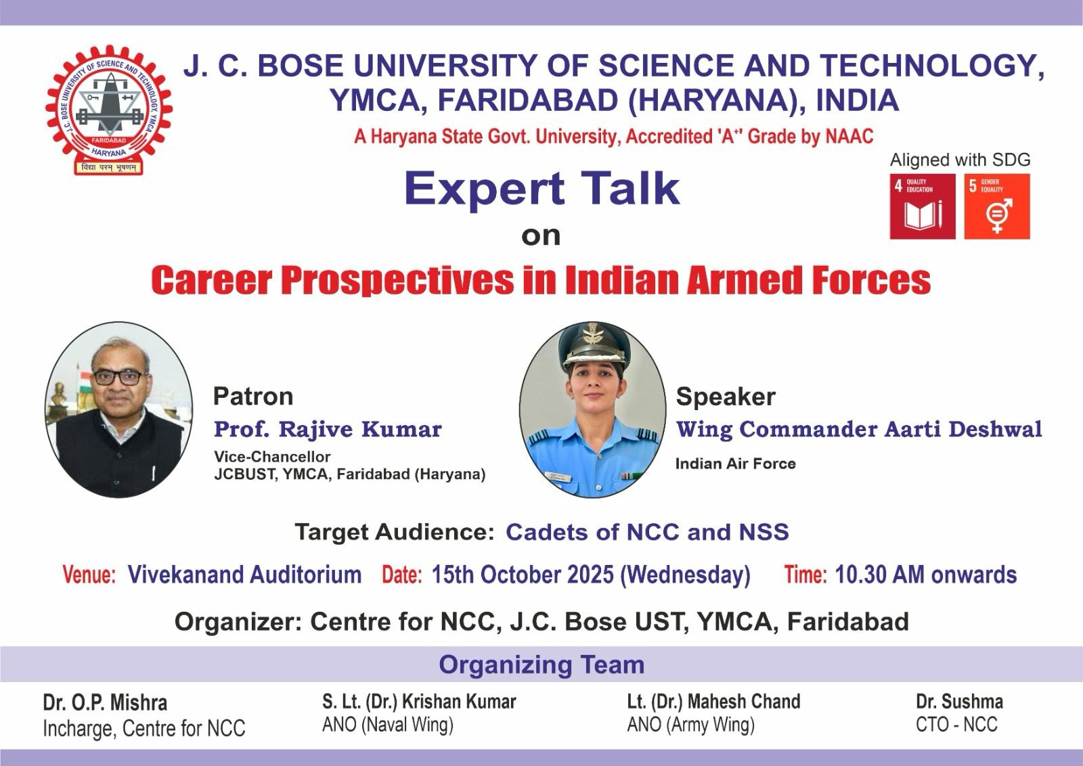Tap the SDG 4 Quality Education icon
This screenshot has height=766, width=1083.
[x=923, y=206]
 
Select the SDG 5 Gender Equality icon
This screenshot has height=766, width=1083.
[x=997, y=206]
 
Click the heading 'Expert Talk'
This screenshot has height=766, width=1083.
[x=542, y=189]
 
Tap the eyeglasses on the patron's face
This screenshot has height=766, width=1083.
[x=119, y=377]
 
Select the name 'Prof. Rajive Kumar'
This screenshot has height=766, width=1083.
[x=328, y=429]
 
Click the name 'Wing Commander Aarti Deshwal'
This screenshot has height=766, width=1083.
[x=859, y=429]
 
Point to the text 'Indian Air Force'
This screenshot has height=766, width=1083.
[x=735, y=464]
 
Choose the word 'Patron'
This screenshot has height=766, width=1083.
[x=253, y=397]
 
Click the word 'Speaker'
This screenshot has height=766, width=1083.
[x=726, y=397]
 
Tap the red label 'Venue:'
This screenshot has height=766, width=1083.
[x=89, y=575]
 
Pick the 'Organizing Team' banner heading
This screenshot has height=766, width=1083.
[x=541, y=664]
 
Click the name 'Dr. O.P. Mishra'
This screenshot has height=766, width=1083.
[x=105, y=702]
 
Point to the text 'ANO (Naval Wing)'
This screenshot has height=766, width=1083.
[x=388, y=725]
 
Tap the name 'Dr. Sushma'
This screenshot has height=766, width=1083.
[x=959, y=702]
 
